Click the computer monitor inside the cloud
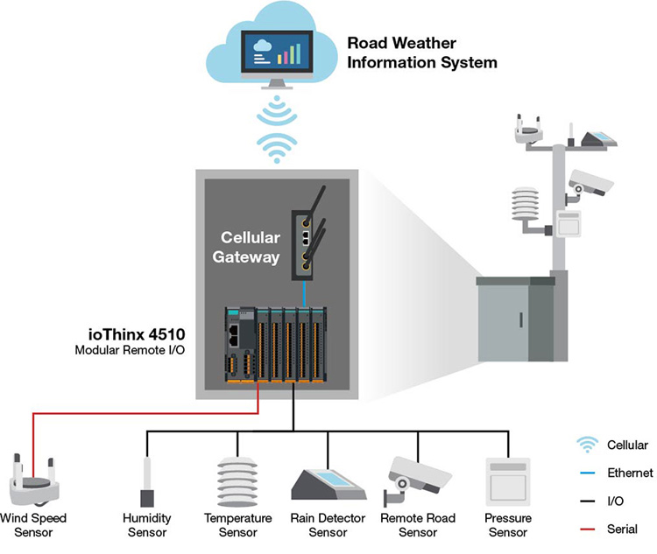pyautogui.click(x=277, y=59)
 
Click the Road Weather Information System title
pyautogui.click(x=422, y=53)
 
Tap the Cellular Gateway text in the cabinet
pyautogui.click(x=246, y=247)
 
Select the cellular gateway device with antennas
pyautogui.click(x=308, y=234)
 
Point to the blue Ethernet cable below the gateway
pyautogui.click(x=304, y=294)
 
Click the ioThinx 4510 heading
pyautogui.click(x=137, y=334)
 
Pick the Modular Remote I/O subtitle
pyautogui.click(x=130, y=350)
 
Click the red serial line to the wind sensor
pyautogui.click(x=145, y=414)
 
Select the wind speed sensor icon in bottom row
pyautogui.click(x=34, y=480)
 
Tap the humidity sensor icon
pyautogui.click(x=147, y=482)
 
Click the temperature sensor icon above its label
pyautogui.click(x=237, y=482)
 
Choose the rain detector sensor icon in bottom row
pyautogui.click(x=328, y=485)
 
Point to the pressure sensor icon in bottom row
pyautogui.click(x=508, y=482)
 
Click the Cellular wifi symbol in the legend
pyautogui.click(x=588, y=445)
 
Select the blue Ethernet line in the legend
pyautogui.click(x=588, y=473)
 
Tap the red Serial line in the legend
pyautogui.click(x=588, y=529)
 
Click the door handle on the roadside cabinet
pyautogui.click(x=521, y=320)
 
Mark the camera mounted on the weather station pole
pyautogui.click(x=590, y=185)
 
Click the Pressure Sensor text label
pyautogui.click(x=508, y=525)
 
